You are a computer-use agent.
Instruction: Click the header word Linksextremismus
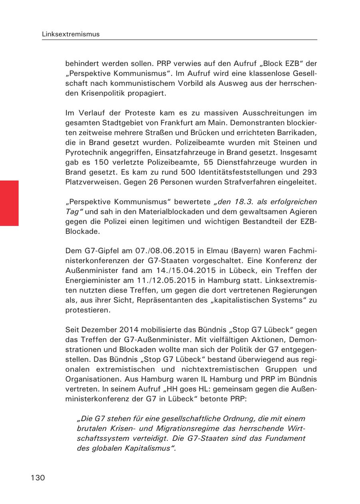71,34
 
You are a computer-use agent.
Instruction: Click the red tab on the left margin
9,203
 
